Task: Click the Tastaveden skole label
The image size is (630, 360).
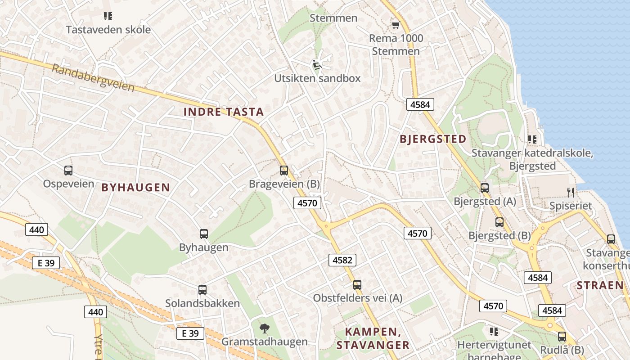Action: tap(108, 30)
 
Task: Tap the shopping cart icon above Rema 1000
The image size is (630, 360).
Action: tap(396, 25)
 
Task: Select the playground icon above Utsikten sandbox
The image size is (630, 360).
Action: tap(317, 65)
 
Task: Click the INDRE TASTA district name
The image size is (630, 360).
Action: tap(224, 112)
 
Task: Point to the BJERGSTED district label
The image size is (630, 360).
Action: tap(433, 139)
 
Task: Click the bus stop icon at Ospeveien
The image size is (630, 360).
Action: tap(68, 171)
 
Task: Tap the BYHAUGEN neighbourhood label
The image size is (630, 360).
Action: tap(136, 188)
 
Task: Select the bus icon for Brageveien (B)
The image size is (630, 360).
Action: tap(284, 171)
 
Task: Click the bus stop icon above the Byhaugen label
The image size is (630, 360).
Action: tap(204, 234)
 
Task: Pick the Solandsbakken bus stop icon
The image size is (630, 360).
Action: tap(202, 290)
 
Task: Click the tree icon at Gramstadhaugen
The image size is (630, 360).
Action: tap(265, 328)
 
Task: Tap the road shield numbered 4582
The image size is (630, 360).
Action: tap(342, 260)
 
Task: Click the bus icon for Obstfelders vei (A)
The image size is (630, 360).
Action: tap(357, 285)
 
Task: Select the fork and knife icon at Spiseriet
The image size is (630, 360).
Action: tap(571, 193)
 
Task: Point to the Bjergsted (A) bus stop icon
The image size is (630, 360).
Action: tap(485, 188)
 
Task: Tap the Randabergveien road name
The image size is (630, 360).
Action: tap(93, 78)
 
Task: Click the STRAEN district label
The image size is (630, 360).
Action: tap(600, 285)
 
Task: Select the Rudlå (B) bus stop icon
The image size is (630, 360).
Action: tap(562, 336)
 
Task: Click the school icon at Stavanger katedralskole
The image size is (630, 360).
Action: tap(532, 139)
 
